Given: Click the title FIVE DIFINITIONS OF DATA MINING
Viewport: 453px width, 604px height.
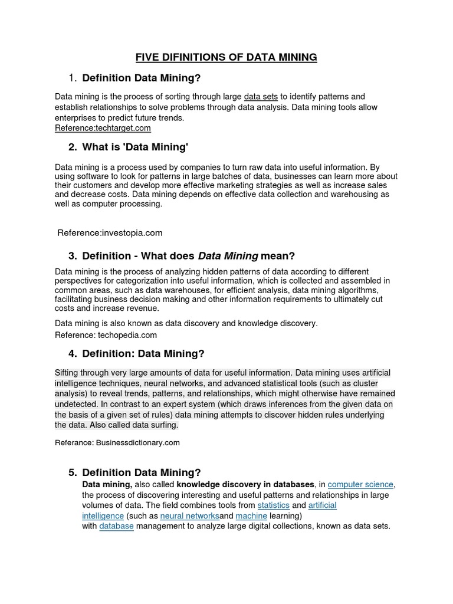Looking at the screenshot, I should coord(226,57).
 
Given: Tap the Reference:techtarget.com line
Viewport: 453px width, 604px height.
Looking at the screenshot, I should coord(103,128).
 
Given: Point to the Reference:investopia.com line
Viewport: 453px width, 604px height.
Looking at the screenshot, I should coord(110,233).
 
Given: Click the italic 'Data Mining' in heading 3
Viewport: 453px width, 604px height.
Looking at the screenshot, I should coord(228,256).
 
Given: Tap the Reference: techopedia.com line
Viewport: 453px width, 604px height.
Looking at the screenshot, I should coord(106,335).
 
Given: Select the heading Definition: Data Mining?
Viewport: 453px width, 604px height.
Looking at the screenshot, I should coord(143,354).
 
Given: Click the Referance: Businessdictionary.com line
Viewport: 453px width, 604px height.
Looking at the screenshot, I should coord(117,442).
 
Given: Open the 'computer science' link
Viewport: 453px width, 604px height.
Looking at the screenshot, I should coord(360,485).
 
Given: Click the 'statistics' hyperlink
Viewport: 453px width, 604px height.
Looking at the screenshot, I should coord(273,505).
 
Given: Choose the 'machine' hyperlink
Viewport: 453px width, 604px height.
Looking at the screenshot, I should coord(251,516).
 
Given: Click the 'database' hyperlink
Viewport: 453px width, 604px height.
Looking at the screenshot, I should coord(116,526).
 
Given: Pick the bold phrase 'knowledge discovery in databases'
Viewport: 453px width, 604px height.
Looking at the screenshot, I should coord(245,485).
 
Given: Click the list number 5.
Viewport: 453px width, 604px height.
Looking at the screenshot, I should coord(72,473).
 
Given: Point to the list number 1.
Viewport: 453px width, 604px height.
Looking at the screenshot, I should coord(72,78).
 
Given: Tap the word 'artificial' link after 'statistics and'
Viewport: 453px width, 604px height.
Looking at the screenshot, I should coord(322,505).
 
